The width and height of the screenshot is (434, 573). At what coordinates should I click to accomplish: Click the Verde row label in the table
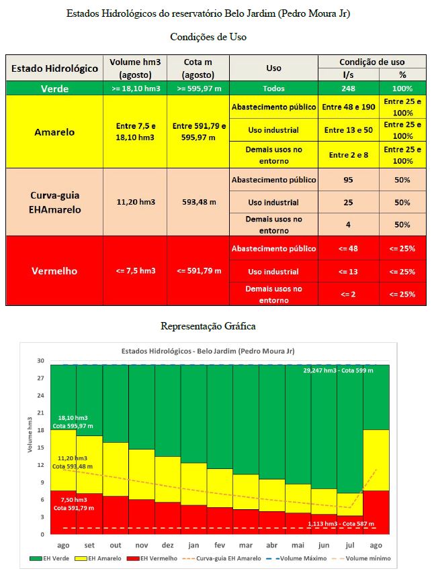pos(54,89)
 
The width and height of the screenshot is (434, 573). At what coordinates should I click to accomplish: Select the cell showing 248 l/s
pos(347,89)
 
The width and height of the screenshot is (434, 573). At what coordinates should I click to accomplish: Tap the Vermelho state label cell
pos(54,271)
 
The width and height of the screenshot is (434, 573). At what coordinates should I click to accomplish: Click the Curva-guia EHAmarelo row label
pos(54,202)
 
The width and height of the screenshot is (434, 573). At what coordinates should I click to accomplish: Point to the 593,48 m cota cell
pos(199,202)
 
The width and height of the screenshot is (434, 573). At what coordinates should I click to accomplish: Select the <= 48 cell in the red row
pos(347,248)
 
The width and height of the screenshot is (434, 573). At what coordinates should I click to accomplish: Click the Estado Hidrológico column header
pos(54,68)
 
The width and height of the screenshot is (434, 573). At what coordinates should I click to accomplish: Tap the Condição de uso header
pos(372,61)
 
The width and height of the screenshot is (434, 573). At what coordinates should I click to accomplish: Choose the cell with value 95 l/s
pos(347,180)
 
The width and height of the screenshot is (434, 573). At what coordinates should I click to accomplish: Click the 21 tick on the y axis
pos(42,413)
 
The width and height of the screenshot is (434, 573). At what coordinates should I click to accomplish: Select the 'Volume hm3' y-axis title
pos(30,435)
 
